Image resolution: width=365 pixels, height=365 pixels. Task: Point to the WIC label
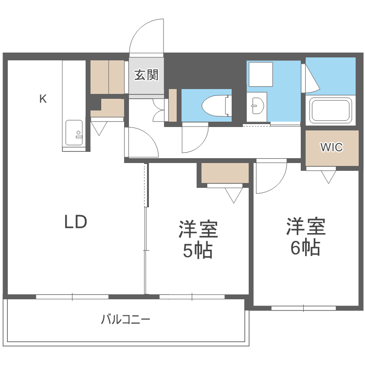pyautogui.click(x=331, y=147)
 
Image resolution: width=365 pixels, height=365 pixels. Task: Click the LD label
pyautogui.click(x=76, y=222)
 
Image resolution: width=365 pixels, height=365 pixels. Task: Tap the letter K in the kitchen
pyautogui.click(x=43, y=99)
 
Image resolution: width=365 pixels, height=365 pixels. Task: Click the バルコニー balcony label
pyautogui.click(x=126, y=320)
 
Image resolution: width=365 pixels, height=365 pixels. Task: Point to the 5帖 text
pyautogui.click(x=198, y=250)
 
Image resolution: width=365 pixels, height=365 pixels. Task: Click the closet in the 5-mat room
pyautogui.click(x=225, y=173)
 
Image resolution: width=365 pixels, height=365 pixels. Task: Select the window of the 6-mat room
pyautogui.click(x=303, y=308)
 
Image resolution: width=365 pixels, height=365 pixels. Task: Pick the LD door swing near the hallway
pyautogui.click(x=142, y=142)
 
